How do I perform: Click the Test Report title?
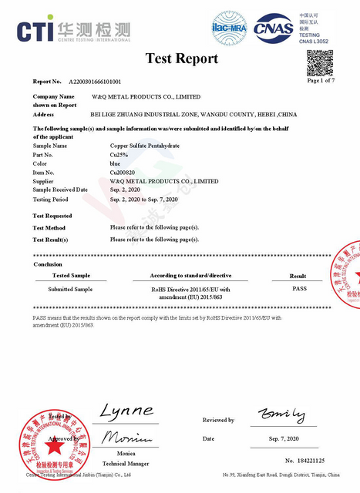[182, 59]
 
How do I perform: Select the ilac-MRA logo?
[229, 29]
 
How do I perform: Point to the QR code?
[320, 62]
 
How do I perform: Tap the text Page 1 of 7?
[320, 81]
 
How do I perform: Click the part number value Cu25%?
[119, 154]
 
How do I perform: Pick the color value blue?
[116, 163]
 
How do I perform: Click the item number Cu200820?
[123, 173]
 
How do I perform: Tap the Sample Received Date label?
[60, 189]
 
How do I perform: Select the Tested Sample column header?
[71, 275]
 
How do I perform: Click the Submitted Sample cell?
[71, 288]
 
